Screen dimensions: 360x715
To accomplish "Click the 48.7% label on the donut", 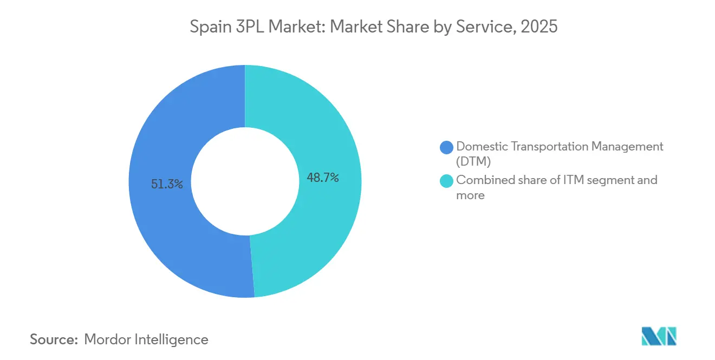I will [323, 178].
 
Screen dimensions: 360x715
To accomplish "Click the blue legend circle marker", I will [446, 147].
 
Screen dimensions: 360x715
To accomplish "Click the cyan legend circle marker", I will [446, 181].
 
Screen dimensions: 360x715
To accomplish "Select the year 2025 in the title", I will [538, 27].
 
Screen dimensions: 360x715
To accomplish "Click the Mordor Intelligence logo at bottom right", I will [659, 336].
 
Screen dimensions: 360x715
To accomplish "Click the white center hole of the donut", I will [245, 181].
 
